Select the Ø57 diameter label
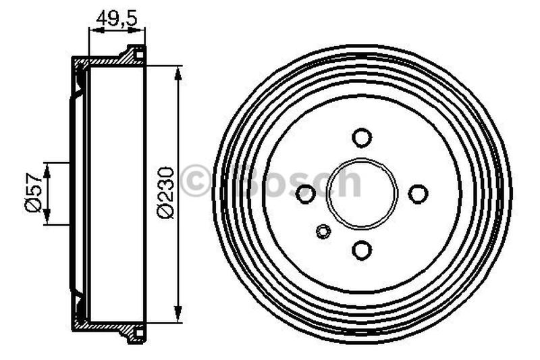click(34, 194)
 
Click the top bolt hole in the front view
click(362, 137)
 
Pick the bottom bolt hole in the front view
click(362, 251)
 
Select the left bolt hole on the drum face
click(306, 194)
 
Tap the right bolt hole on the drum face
click(418, 194)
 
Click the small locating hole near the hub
click(323, 232)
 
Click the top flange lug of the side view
click(134, 51)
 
